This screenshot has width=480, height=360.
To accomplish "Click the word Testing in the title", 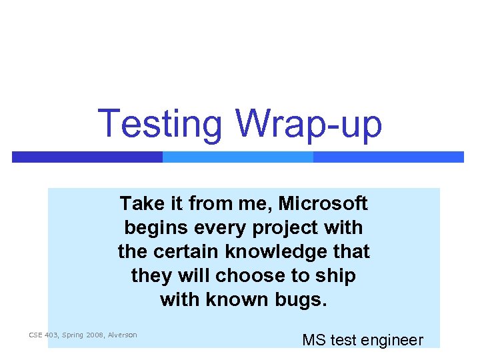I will (160, 125).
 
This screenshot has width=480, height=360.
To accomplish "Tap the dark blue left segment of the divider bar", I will (87, 157).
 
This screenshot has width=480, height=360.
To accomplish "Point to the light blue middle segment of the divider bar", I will (238, 157).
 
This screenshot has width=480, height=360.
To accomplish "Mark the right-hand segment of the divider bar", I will (388, 157).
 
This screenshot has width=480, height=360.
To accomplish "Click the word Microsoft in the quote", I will (323, 203).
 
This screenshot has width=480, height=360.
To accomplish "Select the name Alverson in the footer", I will (122, 335).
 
